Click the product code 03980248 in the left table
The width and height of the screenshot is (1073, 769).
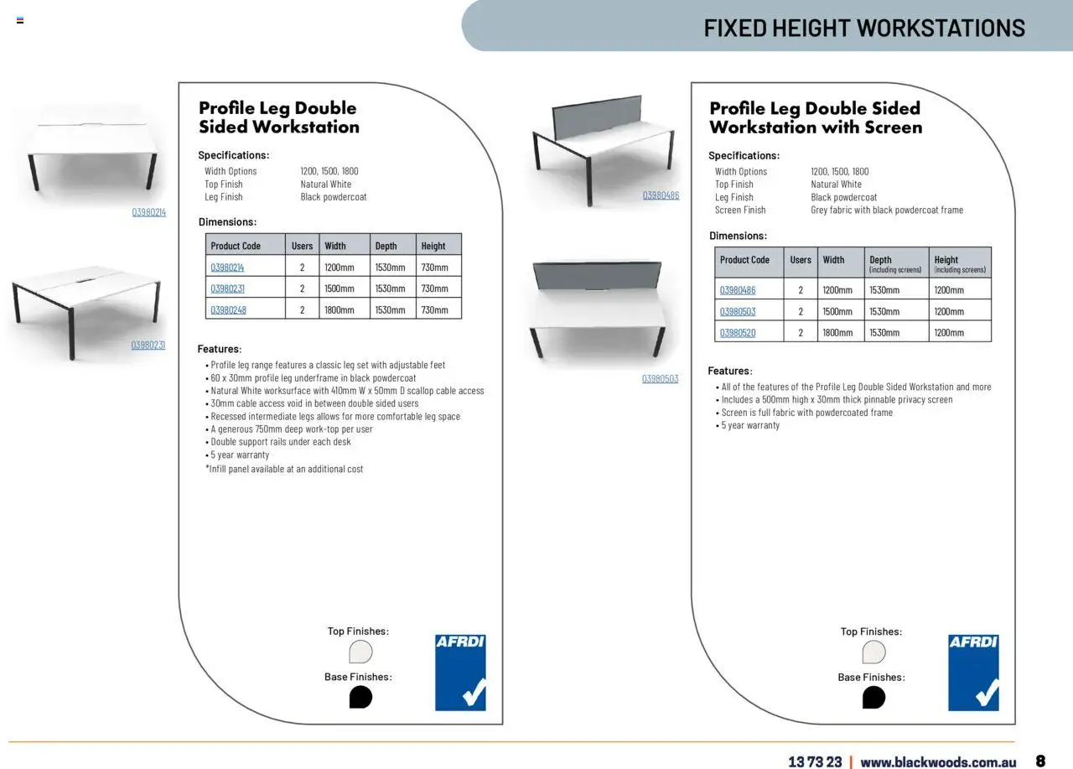pos(228,310)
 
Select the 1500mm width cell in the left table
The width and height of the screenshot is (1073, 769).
pos(340,288)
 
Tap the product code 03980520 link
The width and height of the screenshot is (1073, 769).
pos(738,333)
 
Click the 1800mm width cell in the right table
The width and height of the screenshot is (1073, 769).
pos(837,333)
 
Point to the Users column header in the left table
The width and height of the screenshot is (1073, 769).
pos(302,246)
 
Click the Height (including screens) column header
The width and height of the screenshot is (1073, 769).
pos(960,263)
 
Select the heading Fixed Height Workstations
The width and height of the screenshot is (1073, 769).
pos(864,28)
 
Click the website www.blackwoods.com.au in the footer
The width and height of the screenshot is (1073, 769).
pos(938,761)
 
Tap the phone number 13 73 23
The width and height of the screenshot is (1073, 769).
pos(815,761)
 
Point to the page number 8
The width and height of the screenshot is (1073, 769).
pos(1040,761)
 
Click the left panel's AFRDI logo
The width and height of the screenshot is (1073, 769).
pos(460,673)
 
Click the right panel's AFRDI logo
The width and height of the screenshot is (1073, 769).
pos(973,673)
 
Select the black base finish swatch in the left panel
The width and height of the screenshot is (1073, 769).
pos(360,697)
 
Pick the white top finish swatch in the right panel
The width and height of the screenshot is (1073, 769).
pos(873,652)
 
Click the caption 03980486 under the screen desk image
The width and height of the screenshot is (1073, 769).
pos(661,195)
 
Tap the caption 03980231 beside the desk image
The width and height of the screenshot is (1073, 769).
pos(148,345)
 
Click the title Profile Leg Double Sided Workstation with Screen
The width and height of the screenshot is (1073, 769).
pos(815,118)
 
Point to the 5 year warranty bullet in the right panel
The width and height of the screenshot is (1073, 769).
pos(750,425)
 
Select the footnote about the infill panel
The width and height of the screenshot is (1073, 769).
pos(285,470)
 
